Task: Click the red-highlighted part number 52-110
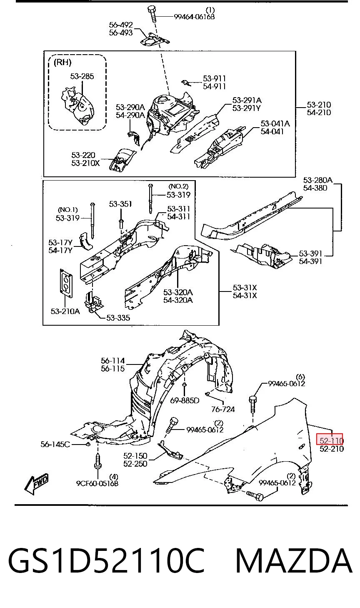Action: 330,440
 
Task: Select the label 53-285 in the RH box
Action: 82,76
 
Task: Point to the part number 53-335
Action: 118,317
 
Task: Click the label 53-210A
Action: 65,311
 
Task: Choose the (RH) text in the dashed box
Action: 62,63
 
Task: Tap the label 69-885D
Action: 185,400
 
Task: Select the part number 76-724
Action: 223,409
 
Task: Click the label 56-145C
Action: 55,444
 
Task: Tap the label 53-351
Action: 120,204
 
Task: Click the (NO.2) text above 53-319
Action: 178,186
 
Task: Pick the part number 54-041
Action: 272,131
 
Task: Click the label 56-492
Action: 121,25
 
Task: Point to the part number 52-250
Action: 135,463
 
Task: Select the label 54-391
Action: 310,261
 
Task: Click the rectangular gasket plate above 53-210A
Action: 66,283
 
